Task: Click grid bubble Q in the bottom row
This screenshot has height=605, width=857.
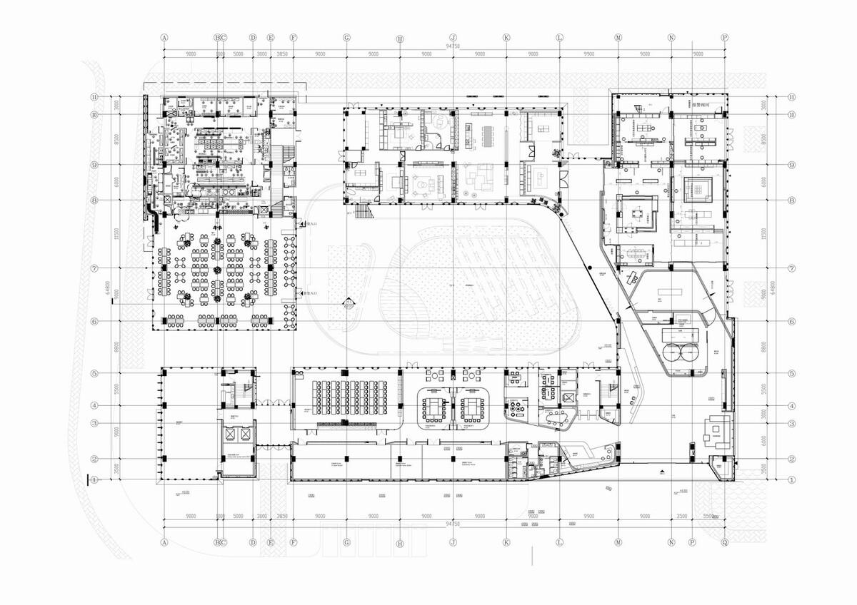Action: pyautogui.click(x=725, y=542)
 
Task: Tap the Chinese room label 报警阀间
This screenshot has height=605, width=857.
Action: pyautogui.click(x=705, y=103)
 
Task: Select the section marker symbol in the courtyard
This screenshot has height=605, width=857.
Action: pyautogui.click(x=348, y=304)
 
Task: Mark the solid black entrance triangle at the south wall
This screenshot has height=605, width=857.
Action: pyautogui.click(x=663, y=472)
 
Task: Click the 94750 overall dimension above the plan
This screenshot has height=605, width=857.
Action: pyautogui.click(x=452, y=46)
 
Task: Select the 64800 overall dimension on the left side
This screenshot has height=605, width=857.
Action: pyautogui.click(x=107, y=288)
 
